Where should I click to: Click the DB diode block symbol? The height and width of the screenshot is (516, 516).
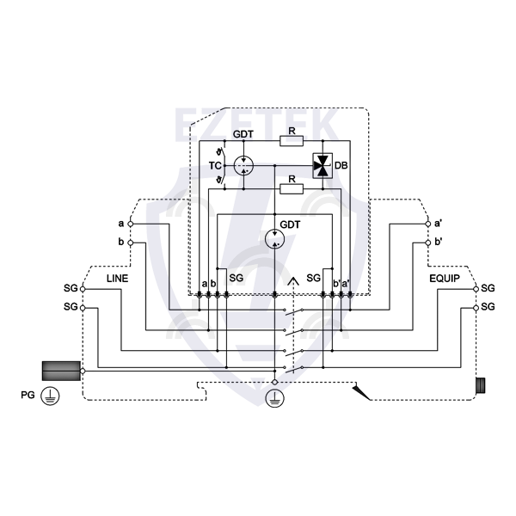tap(322, 165)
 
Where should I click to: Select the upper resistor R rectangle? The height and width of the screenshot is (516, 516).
tap(292, 141)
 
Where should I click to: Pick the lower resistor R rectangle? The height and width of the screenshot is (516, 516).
tap(292, 189)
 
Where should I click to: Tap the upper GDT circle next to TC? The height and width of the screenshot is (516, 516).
tap(243, 165)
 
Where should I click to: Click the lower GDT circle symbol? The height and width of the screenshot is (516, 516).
tap(275, 238)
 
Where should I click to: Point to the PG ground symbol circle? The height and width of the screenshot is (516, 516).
tap(50, 396)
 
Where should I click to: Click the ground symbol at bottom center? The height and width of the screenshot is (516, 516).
tap(275, 398)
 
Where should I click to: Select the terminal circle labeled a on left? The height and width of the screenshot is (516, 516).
tap(131, 224)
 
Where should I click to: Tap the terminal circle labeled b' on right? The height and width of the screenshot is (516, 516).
tap(428, 243)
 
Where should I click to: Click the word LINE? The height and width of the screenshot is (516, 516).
tap(117, 279)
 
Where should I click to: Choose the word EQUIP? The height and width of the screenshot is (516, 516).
tap(445, 279)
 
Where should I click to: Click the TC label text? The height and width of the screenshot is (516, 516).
tap(215, 165)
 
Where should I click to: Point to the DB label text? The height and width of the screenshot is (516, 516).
tap(341, 165)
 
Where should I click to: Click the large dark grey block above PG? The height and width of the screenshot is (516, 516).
tap(61, 371)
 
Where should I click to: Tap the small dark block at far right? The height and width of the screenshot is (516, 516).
tap(481, 385)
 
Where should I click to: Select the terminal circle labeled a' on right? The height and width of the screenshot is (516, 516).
tap(428, 224)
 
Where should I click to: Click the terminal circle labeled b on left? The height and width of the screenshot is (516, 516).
tap(131, 243)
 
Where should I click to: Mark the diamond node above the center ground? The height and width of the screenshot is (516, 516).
tap(275, 382)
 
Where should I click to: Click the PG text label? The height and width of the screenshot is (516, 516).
tap(28, 395)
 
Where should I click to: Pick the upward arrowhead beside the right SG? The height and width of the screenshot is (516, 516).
tap(293, 282)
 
